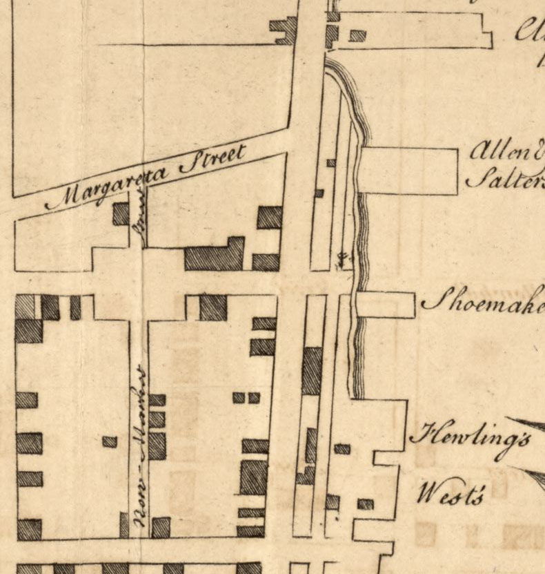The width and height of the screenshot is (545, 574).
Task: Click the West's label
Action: (x=453, y=495)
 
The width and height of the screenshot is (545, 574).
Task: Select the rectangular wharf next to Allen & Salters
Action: (x=408, y=171)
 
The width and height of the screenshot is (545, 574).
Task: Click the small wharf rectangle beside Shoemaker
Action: (x=385, y=305)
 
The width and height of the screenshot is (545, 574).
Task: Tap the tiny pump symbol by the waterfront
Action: (x=342, y=260)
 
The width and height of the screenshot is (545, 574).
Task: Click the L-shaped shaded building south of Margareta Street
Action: (x=215, y=256)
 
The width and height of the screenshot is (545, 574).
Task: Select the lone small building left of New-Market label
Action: (x=110, y=441)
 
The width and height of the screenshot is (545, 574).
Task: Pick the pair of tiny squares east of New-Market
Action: (x=246, y=397)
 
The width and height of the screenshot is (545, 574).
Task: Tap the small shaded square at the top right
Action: (x=357, y=35)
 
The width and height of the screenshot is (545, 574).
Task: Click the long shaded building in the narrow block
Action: (x=312, y=370)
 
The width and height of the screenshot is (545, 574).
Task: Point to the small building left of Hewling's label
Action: (x=342, y=449)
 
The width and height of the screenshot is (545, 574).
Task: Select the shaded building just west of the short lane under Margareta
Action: (x=121, y=213)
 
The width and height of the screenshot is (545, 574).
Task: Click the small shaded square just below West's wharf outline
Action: (x=366, y=504)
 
